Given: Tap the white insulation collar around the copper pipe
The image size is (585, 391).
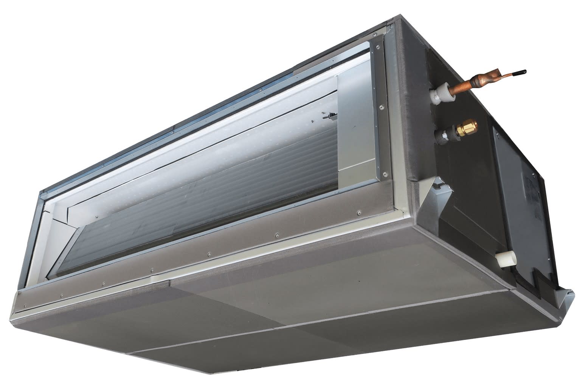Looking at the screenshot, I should point(442,90).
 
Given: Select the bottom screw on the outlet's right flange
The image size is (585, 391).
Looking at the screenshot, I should point(385,175).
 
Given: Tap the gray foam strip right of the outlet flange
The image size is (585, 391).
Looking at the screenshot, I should point(410,114).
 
